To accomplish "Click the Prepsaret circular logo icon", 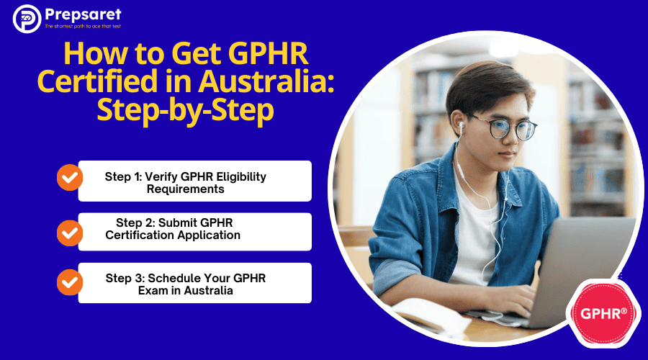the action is coord(27,19).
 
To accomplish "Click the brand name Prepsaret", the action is coord(83,15).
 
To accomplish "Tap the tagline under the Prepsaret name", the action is coord(83,27).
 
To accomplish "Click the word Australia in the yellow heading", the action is coord(266,81).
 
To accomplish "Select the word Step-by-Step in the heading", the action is coord(185,110).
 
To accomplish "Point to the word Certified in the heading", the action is coord(97,81).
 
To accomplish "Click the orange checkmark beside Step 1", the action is coord(69,177).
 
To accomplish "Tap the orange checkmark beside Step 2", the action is coord(69,233).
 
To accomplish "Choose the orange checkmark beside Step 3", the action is coord(69,282).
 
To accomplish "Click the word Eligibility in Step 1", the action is coord(241,177).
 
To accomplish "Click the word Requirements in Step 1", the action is coord(186,189).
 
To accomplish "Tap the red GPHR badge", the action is coord(603,314).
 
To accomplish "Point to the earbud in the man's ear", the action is coord(462,126).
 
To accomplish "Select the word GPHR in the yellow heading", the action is coord(268,54).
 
